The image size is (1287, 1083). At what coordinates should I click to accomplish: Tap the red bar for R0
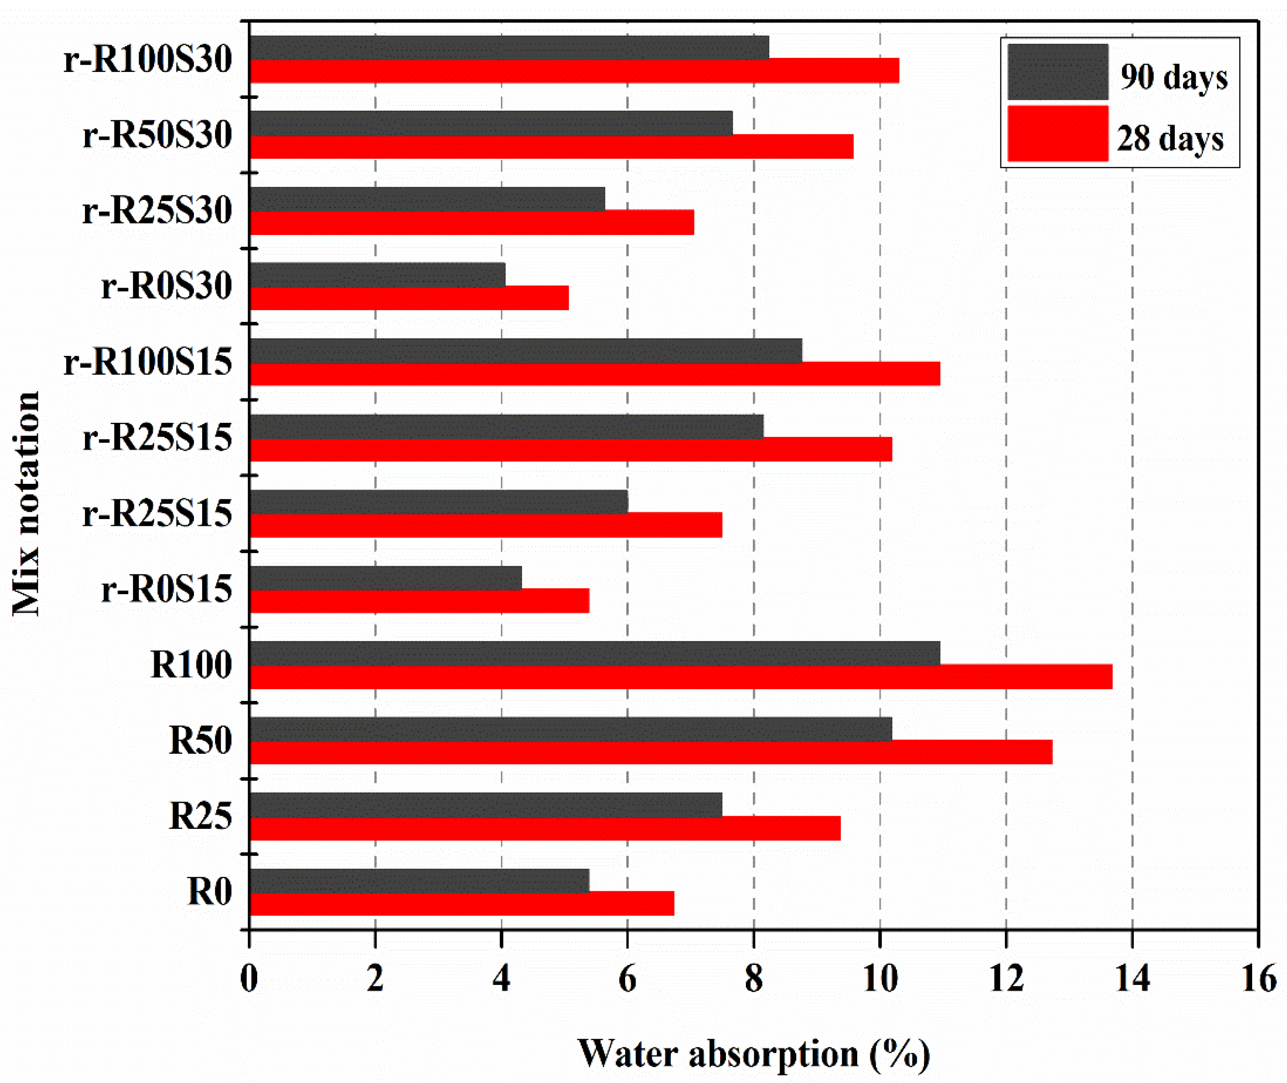(x=462, y=903)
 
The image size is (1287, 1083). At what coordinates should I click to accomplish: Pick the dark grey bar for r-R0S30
(x=377, y=274)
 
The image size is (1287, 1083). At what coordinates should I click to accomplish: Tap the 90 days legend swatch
(x=1057, y=72)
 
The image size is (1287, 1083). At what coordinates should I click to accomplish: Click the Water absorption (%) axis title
(x=754, y=1054)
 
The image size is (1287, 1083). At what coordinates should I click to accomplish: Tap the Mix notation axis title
(x=26, y=503)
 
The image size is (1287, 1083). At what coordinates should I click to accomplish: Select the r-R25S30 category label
(x=157, y=211)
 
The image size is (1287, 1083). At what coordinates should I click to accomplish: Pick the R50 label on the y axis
(x=200, y=740)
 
